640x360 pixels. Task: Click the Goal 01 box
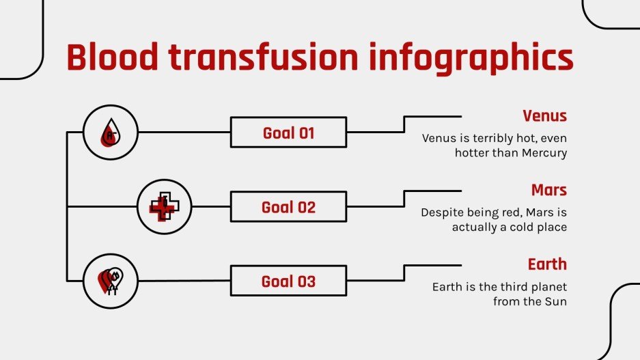[288, 133]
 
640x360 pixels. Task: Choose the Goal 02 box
[288, 207]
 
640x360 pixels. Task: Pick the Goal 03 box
[288, 281]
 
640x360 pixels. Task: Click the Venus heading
[544, 115]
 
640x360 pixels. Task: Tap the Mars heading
[549, 190]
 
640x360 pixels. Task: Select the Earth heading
[547, 264]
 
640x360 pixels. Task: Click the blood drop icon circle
[110, 133]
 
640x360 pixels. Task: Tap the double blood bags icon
[110, 281]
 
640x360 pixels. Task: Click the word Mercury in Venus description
[544, 153]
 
